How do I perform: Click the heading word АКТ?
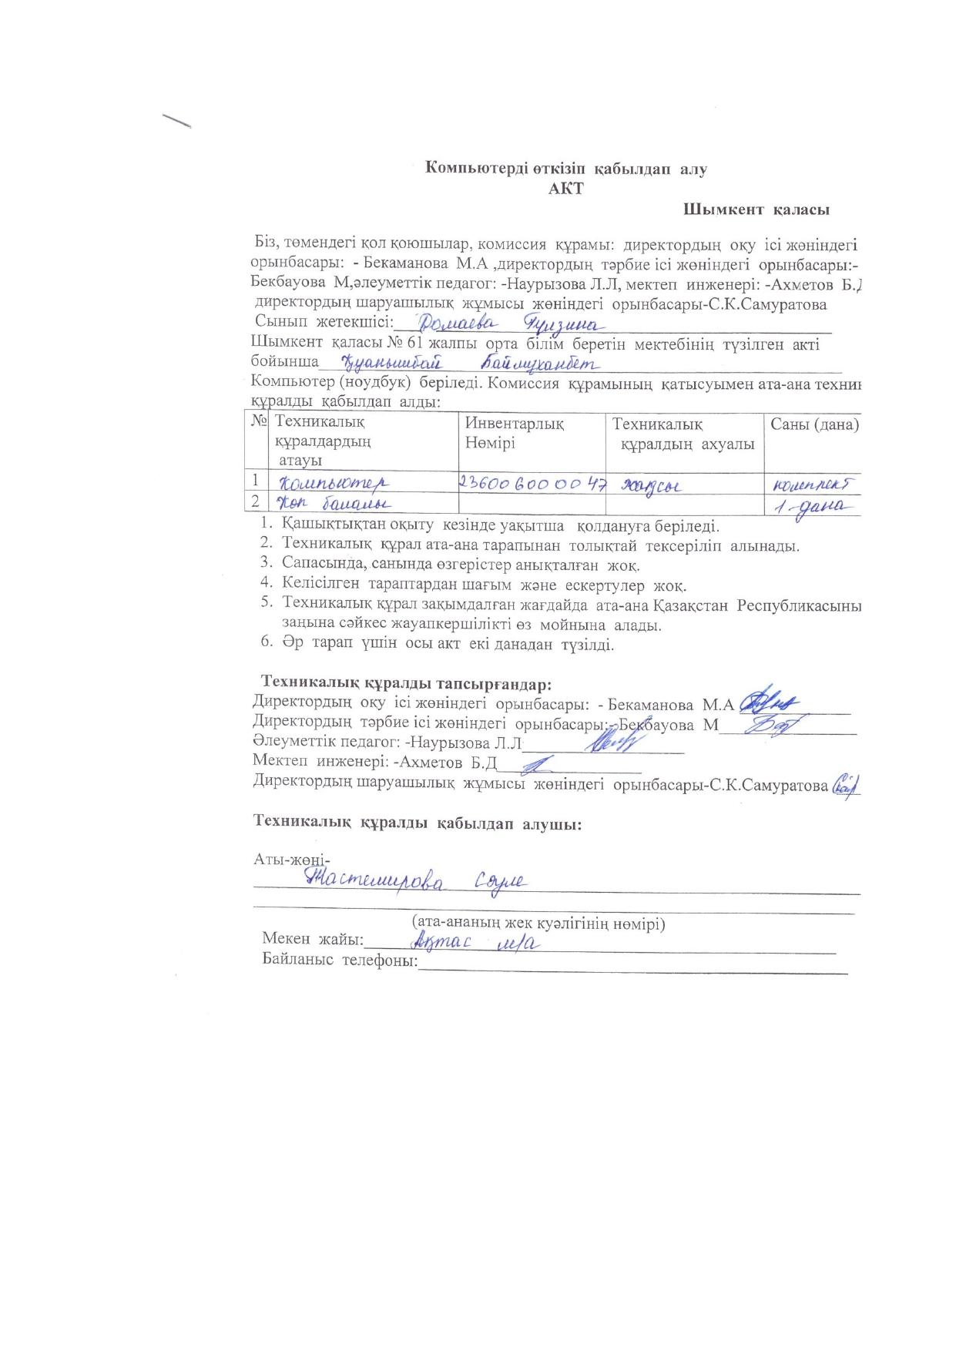[565, 189]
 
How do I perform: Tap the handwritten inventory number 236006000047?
[532, 483]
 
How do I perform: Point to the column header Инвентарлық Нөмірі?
[514, 434]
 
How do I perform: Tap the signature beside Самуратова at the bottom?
[845, 783]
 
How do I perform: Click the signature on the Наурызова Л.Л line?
[612, 741]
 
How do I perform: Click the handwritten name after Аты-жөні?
[416, 880]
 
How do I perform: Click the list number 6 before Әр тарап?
[266, 644]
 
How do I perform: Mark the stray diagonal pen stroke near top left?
[176, 121]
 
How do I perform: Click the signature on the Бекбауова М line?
[774, 723]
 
